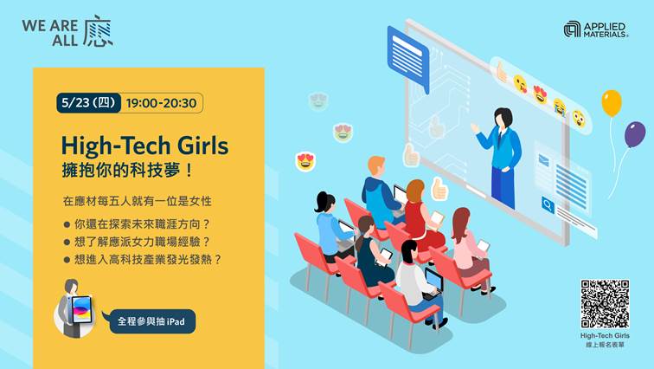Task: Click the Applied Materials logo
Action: pos(595,29)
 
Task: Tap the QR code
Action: pos(605,304)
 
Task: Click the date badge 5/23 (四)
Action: pos(88,103)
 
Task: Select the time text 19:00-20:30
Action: pos(161,103)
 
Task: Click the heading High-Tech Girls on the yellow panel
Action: pos(144,146)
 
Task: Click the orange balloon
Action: pos(612,103)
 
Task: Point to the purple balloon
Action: pos(635,134)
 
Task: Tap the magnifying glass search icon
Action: pos(548,205)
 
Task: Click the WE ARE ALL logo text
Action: pos(67,32)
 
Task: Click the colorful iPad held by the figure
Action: pos(81,310)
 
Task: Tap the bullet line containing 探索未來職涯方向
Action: pos(137,224)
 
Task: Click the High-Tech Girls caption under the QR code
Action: pos(605,335)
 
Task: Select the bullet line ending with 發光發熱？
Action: pos(143,259)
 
